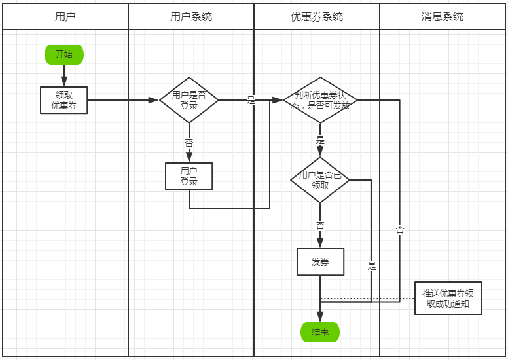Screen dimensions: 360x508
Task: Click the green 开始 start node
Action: click(64, 54)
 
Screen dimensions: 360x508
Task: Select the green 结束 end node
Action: click(320, 332)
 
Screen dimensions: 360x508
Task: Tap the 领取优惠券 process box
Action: click(63, 100)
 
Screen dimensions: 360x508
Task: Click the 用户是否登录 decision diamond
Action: click(189, 100)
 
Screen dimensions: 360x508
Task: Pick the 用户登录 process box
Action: click(189, 176)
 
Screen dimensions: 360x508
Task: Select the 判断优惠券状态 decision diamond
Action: click(320, 100)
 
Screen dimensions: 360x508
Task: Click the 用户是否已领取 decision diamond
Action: click(320, 180)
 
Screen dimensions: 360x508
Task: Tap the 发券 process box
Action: click(320, 262)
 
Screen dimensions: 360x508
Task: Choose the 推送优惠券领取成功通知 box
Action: click(448, 298)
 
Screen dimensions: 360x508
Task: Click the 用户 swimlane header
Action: click(65, 17)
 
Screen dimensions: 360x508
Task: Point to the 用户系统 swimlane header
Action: click(191, 17)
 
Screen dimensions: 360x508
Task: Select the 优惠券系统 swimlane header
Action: click(317, 17)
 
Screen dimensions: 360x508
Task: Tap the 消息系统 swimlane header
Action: click(443, 17)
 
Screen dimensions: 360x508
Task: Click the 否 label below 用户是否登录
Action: click(189, 143)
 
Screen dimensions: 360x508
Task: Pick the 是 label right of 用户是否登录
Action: click(251, 100)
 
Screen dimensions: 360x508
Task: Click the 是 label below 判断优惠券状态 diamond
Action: click(320, 140)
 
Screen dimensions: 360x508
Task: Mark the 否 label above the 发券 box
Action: click(320, 225)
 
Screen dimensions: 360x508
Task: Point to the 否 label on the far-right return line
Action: click(399, 229)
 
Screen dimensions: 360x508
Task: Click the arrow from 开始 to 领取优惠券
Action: click(64, 75)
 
